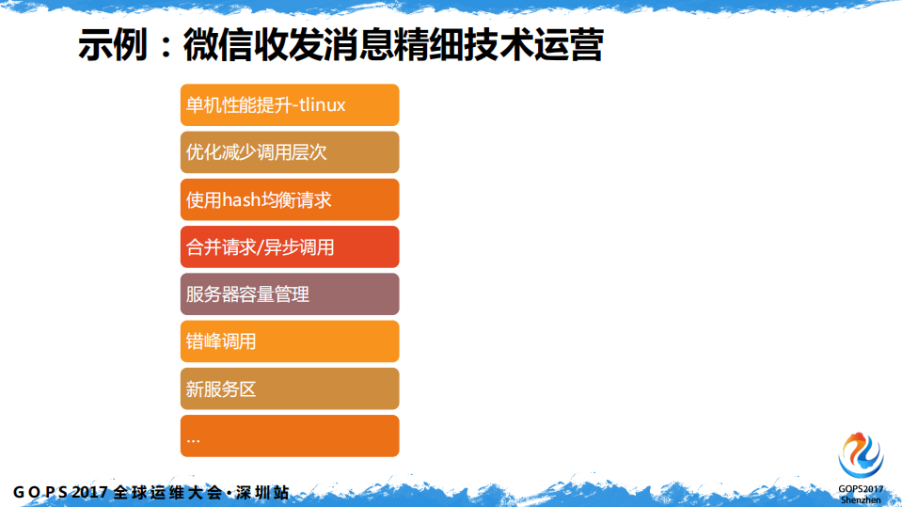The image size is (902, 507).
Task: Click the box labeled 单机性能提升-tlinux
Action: click(290, 105)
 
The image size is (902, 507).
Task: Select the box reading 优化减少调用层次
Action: click(290, 152)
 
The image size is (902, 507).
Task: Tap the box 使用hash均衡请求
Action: click(290, 199)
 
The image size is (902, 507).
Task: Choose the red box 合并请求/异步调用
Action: click(290, 247)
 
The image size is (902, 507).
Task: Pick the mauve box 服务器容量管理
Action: click(290, 294)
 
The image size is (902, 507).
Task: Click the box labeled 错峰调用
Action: click(290, 341)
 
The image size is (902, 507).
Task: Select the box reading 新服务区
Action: click(290, 388)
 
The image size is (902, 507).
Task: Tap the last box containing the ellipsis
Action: click(290, 436)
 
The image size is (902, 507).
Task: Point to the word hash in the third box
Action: click(242, 200)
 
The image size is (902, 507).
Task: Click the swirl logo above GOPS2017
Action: click(862, 455)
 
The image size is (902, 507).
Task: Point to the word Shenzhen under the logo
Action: click(862, 499)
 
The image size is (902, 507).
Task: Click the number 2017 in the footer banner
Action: click(90, 492)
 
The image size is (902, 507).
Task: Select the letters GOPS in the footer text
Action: click(40, 492)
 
